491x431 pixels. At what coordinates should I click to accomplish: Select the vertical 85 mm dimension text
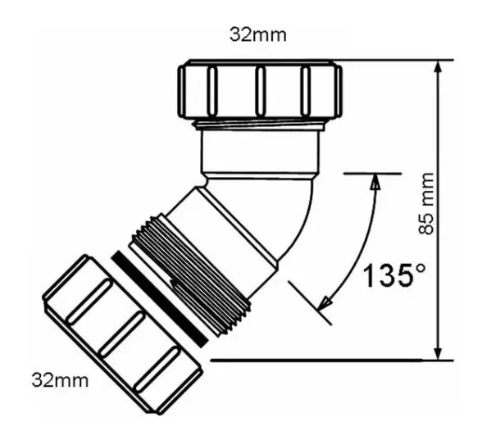pos(425,210)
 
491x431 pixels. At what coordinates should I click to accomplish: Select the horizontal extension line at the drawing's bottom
pos(328,360)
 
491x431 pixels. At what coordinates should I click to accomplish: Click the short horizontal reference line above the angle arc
pos(372,173)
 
